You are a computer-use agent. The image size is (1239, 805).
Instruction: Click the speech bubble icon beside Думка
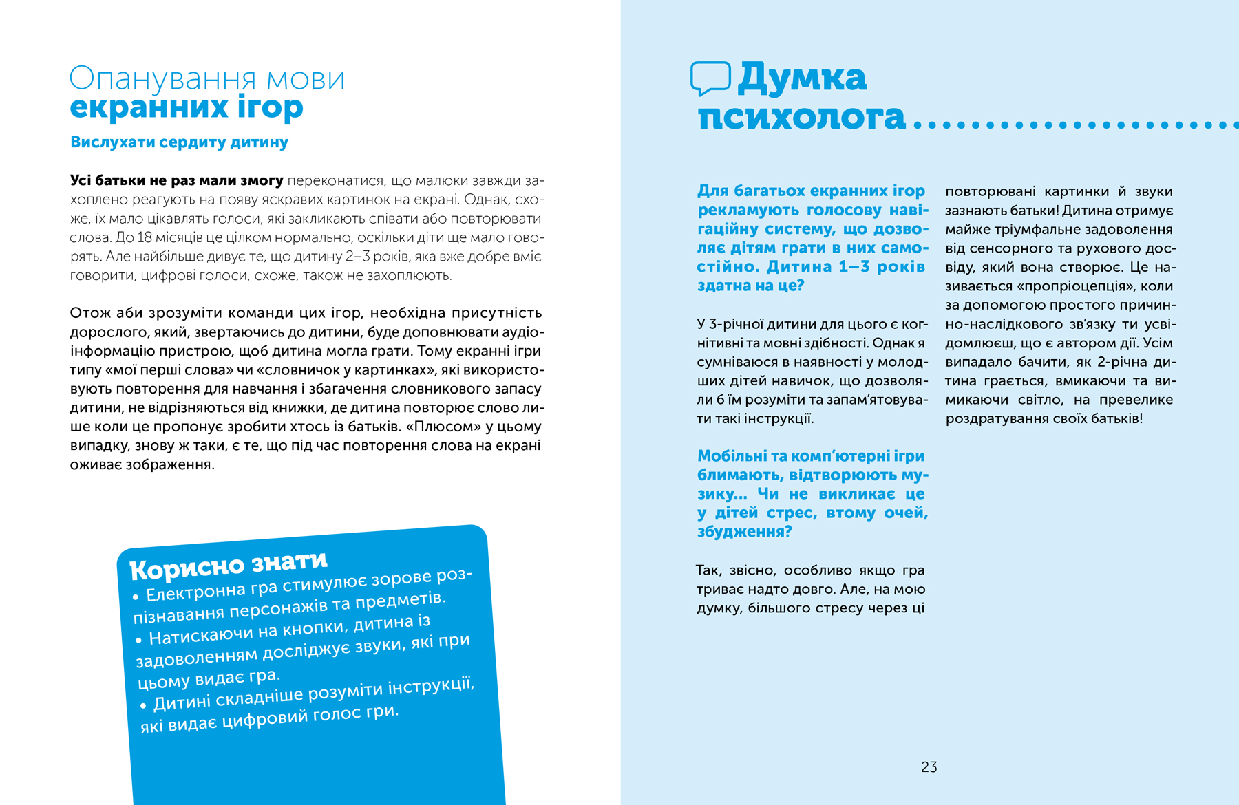tap(710, 78)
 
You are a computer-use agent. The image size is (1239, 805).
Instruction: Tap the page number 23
tap(929, 767)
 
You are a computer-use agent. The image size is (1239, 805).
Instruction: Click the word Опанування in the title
tap(164, 79)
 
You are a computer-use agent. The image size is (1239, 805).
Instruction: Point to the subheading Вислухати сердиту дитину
tap(179, 142)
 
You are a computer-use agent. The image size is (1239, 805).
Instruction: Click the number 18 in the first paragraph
tap(145, 237)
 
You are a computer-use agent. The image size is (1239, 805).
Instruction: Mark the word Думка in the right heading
tap(802, 77)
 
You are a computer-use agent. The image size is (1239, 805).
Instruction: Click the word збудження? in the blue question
tap(744, 532)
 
